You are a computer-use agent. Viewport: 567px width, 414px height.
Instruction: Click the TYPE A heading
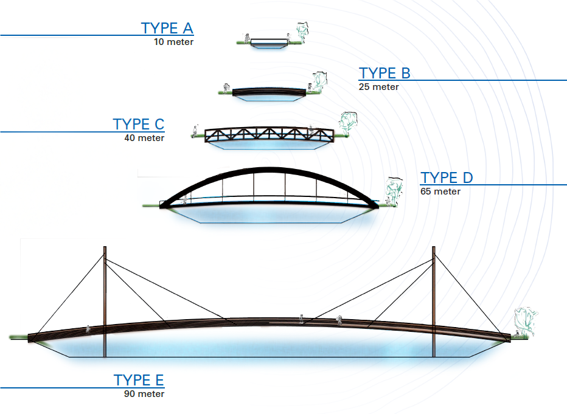pos(167,28)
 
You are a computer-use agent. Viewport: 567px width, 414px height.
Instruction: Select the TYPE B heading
pos(384,74)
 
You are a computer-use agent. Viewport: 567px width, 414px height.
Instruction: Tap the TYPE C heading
pos(138,125)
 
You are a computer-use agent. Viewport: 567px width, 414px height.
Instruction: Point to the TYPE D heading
pos(447,178)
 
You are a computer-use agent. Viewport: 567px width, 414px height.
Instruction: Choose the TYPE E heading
pos(139,381)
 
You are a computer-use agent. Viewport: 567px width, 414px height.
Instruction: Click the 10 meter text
pos(173,42)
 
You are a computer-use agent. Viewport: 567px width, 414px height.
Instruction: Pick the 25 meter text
pos(379,87)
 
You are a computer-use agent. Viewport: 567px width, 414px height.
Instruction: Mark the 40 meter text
pos(144,138)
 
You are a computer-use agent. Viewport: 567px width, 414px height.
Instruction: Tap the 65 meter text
pos(440,191)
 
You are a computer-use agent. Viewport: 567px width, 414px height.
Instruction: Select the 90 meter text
pos(144,394)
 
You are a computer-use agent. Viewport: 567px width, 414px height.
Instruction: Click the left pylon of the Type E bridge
pos(105,301)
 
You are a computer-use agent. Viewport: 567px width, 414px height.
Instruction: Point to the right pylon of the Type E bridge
pos(434,301)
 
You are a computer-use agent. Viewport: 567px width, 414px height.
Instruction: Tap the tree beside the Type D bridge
pos(394,188)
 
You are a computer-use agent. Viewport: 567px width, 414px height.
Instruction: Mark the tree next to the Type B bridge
pos(318,81)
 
